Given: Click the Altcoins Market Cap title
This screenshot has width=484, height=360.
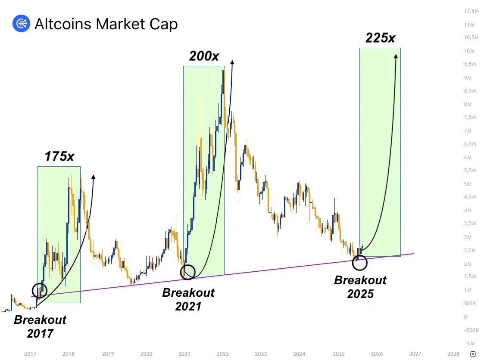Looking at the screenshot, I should point(106,24).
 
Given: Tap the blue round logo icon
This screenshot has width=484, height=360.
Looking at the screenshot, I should point(21,23).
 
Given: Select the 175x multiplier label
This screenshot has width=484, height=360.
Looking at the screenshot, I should point(59,156).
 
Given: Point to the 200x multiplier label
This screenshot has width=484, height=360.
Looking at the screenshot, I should point(204,56).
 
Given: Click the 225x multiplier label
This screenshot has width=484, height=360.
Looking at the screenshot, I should point(380,38).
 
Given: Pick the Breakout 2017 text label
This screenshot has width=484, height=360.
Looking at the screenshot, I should point(40,326).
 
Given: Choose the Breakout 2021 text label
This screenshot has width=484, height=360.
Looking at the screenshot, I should point(188,299).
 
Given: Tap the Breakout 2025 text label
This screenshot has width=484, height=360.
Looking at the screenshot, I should point(360,286).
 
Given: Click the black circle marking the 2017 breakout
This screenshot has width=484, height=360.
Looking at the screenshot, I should point(39,290).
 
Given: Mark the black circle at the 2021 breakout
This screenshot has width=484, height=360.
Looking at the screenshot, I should point(188,272).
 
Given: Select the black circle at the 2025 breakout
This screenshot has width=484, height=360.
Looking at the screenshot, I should point(360,262).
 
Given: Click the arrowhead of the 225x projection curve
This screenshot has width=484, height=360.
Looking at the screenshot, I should point(396,56).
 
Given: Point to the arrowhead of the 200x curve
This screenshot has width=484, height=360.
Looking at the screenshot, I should point(232,62).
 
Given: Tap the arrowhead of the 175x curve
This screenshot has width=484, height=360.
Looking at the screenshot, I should point(93,177).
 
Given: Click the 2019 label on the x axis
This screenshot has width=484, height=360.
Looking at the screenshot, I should point(108,354).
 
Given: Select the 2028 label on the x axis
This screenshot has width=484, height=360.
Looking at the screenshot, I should point(453,354).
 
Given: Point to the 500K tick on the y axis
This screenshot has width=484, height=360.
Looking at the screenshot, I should point(470,303).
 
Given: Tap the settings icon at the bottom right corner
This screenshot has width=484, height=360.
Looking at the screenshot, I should point(473,354).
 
